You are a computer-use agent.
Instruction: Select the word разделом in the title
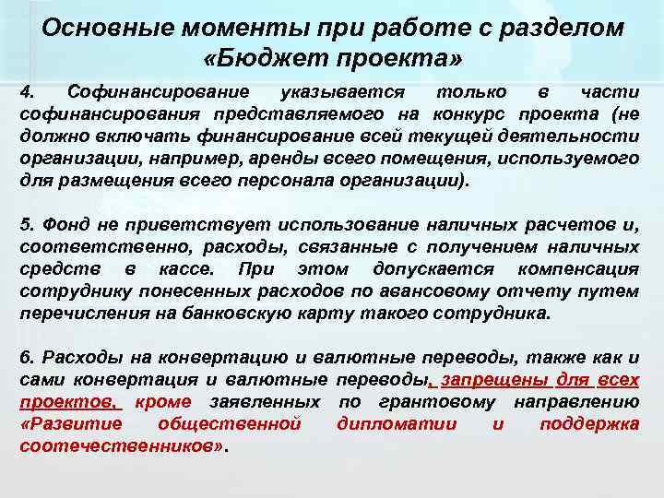coord(563,28)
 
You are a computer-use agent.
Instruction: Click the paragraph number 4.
coord(27,93)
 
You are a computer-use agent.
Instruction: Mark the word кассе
coord(184,268)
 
